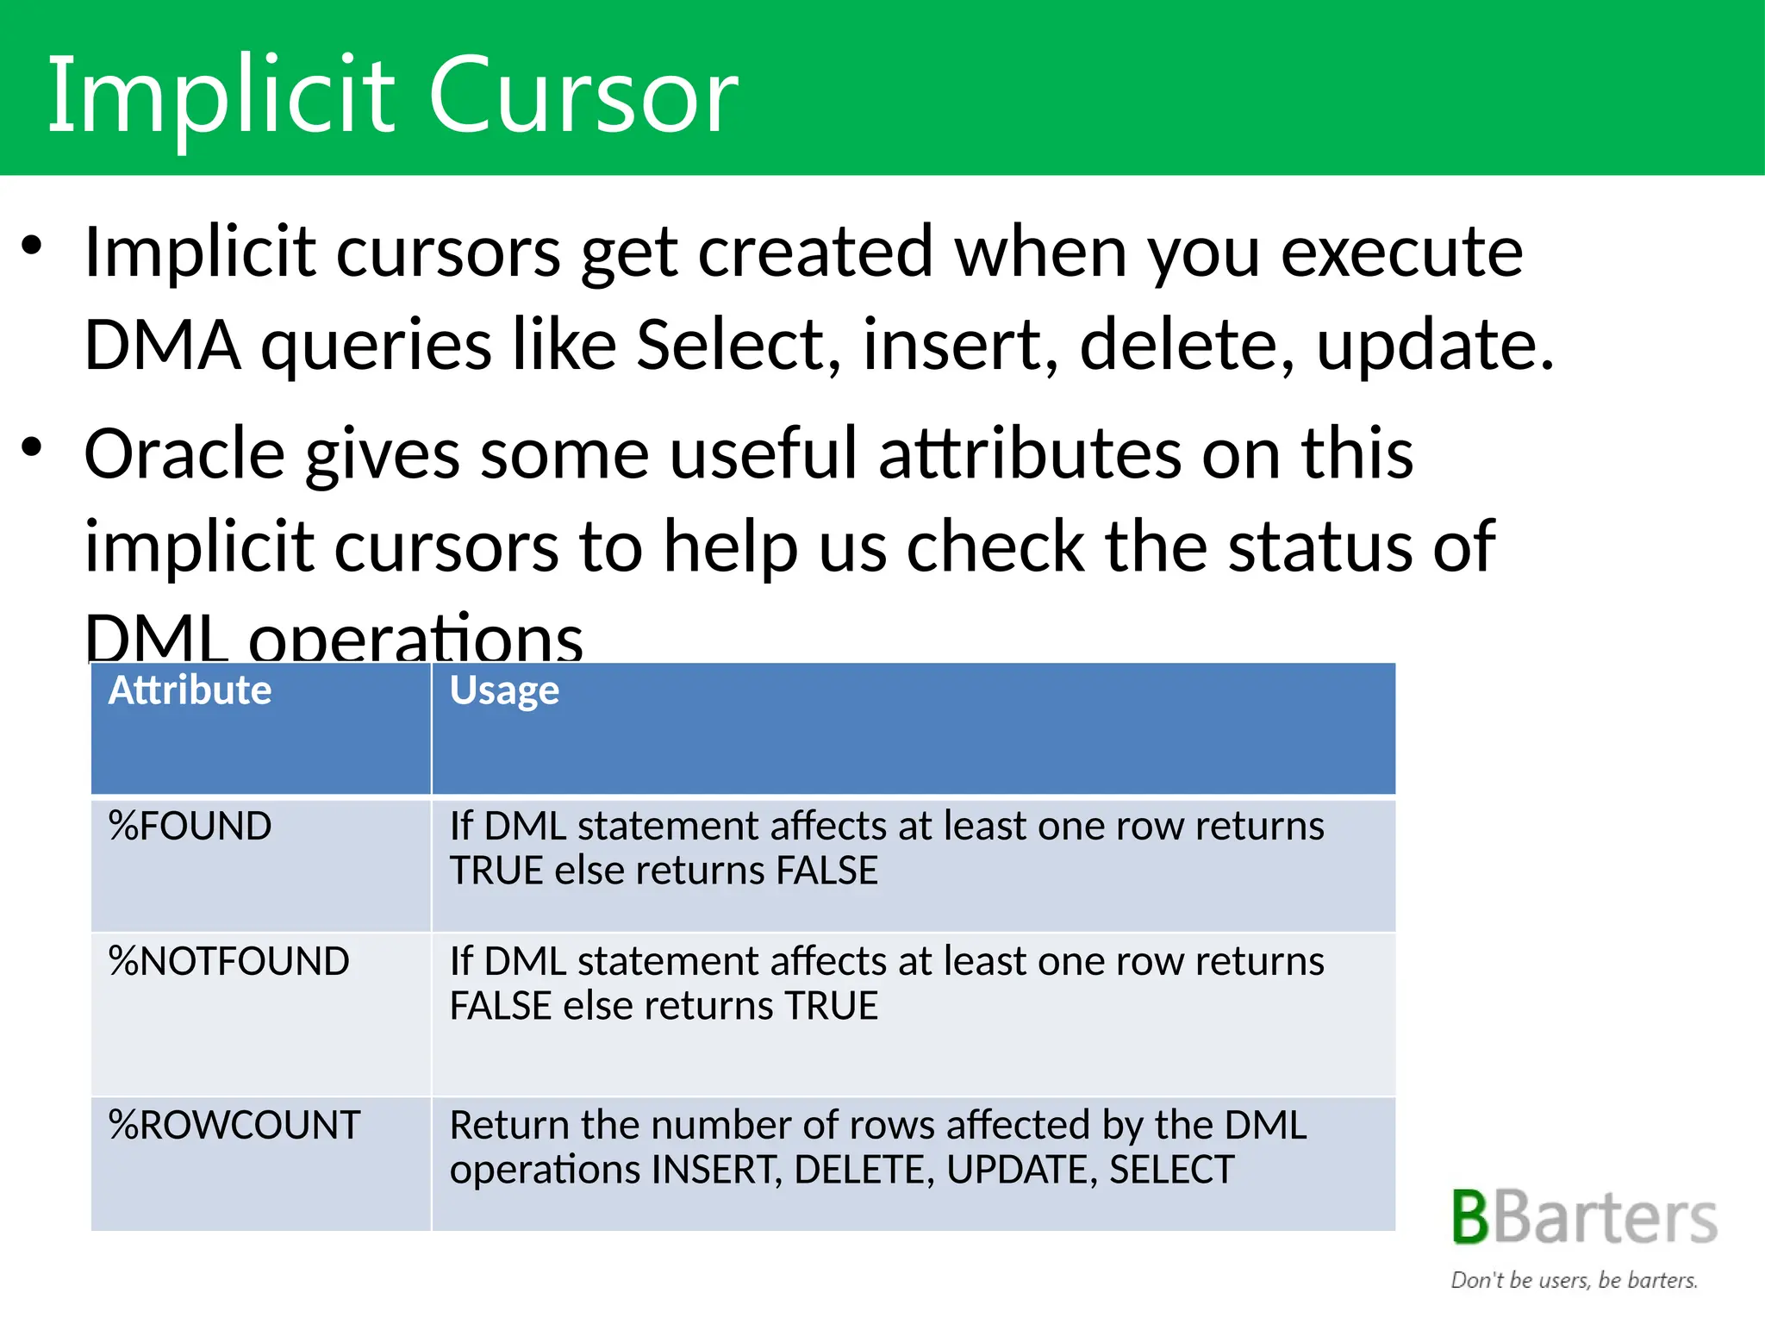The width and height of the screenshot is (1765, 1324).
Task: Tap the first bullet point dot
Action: click(x=32, y=247)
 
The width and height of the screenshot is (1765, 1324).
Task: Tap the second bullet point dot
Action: click(x=32, y=448)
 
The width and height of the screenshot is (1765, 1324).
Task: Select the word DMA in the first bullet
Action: click(x=162, y=345)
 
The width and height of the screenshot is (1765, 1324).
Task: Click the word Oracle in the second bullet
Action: click(x=184, y=454)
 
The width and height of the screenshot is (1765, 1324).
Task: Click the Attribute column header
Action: click(x=190, y=690)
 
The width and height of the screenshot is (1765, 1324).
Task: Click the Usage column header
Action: click(x=504, y=690)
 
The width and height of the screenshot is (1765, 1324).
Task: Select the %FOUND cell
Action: click(x=190, y=826)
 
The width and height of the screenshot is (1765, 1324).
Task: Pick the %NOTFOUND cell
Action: click(x=228, y=961)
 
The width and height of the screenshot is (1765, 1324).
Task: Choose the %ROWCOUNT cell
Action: click(x=234, y=1125)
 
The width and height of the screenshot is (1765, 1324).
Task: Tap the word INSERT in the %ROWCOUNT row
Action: click(x=716, y=1170)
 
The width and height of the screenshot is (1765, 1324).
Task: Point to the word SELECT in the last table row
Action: click(x=1171, y=1170)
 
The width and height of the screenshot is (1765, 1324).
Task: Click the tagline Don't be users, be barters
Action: click(x=1574, y=1280)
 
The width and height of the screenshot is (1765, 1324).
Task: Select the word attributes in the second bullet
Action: click(x=1030, y=454)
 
